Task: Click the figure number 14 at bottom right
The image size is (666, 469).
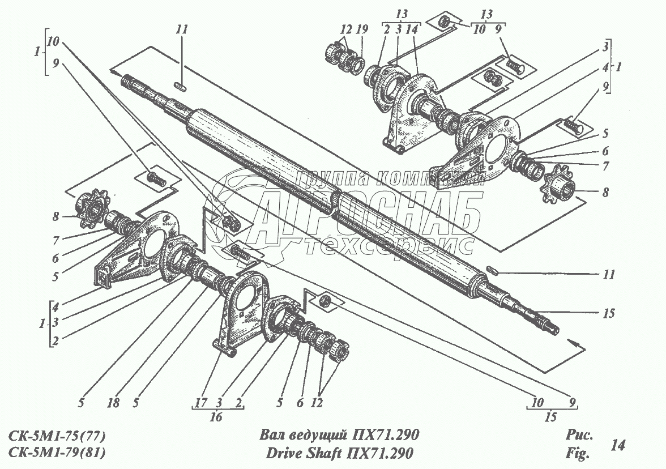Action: pos(618,446)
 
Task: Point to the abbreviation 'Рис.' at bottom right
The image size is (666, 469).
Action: pos(578,436)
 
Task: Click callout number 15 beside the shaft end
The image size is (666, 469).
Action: pos(609,313)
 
